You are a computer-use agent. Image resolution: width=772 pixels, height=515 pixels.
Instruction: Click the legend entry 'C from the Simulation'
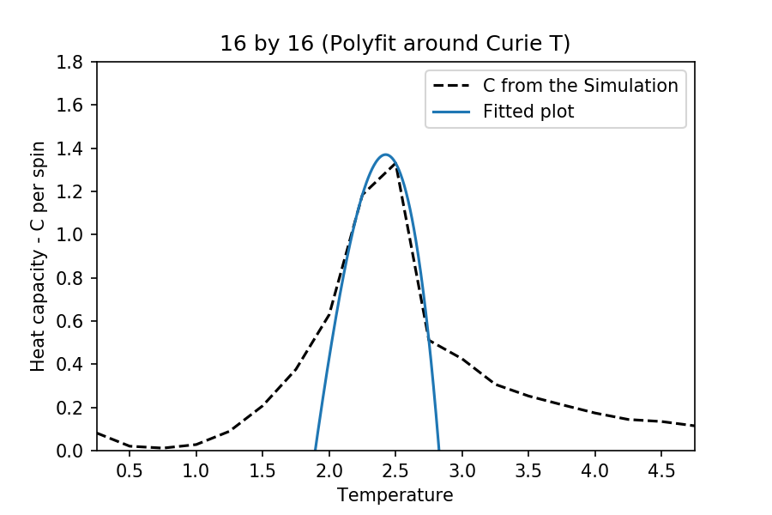[581, 86]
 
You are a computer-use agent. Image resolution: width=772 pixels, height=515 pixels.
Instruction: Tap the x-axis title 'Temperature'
[395, 495]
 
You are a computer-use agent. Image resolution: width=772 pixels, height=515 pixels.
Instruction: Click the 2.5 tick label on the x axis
[395, 470]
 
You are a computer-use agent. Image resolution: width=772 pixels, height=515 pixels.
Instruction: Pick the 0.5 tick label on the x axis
[130, 470]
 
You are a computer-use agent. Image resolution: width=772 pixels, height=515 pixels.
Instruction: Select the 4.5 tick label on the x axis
[660, 470]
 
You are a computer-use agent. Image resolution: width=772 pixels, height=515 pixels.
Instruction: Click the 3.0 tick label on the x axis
[461, 470]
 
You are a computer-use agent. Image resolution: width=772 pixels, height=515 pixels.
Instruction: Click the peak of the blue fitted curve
[385, 155]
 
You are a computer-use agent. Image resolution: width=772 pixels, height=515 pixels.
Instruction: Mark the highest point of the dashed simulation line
[395, 163]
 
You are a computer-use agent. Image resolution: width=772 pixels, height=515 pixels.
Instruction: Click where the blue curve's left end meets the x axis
[315, 450]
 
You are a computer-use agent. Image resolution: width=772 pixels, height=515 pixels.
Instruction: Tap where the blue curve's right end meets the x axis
[439, 450]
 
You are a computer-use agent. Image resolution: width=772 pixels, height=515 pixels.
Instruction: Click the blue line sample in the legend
[453, 112]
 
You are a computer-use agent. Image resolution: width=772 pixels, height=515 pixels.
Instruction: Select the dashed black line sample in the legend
[453, 86]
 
